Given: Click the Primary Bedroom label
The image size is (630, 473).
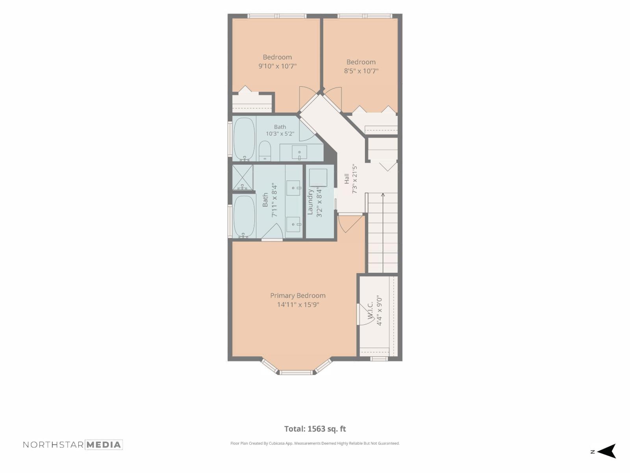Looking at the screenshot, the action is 298,296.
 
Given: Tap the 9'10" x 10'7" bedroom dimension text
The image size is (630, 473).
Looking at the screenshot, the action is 277,66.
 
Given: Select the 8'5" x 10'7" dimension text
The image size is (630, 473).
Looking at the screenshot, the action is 361,71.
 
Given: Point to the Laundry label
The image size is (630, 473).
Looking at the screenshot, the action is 310,201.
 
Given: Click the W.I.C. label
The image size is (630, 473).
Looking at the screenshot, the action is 370,310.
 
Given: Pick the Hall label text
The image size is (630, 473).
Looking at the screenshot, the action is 346,179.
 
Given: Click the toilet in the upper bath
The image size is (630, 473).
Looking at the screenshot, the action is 265,151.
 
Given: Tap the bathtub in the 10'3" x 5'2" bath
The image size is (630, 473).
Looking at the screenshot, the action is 244,139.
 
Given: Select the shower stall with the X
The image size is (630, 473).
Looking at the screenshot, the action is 242,177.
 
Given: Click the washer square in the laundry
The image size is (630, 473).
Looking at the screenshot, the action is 318,177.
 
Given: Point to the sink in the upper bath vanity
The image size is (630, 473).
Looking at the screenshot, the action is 299,152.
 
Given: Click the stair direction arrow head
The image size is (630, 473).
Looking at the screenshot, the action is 383,195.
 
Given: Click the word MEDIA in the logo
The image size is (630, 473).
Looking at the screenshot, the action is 104,445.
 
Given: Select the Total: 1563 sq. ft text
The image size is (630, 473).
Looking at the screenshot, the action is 315,429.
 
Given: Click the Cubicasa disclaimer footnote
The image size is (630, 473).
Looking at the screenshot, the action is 315,443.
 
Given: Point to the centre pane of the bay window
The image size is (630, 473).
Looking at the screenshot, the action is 296,372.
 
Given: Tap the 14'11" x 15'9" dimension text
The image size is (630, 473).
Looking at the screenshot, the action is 298,304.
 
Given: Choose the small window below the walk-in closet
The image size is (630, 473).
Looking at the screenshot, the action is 378,359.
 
